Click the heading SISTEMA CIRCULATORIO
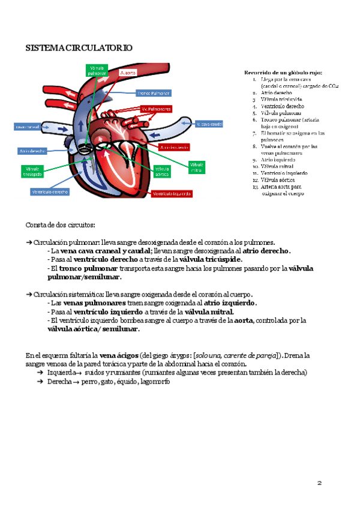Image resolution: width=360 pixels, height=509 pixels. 79,47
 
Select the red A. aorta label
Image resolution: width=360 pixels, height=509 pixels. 129,72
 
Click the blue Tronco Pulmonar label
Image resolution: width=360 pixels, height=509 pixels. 154,94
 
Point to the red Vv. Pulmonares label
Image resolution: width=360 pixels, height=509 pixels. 157,109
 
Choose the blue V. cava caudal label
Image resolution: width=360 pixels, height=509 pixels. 209,124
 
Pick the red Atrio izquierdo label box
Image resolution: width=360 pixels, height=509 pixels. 175,147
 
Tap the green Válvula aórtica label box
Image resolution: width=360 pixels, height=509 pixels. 163,171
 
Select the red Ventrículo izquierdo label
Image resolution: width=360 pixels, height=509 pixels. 172,194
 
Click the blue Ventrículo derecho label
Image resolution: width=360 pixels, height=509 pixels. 50,192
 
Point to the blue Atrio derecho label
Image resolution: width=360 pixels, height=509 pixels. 33,151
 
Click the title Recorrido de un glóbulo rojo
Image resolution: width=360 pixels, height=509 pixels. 280,73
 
